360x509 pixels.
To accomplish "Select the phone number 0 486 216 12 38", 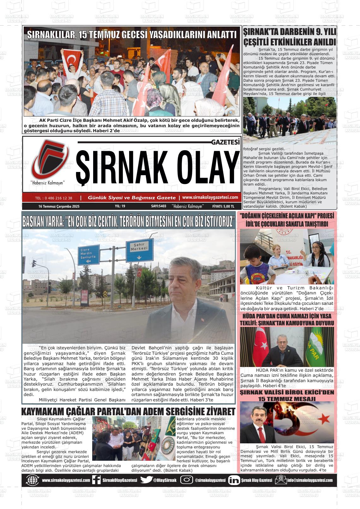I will (x=54, y=198).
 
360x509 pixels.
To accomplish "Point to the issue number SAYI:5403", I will (x=159, y=206).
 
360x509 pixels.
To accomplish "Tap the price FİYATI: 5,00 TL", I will (x=223, y=206).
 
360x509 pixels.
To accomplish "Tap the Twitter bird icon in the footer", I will (x=146, y=480).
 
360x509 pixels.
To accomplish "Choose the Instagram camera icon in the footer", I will (x=186, y=480).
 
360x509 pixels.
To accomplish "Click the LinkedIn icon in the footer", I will (x=234, y=480).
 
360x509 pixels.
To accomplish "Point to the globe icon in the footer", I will (x=32, y=480).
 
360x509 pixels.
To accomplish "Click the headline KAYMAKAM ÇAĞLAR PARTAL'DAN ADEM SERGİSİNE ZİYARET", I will (x=128, y=412).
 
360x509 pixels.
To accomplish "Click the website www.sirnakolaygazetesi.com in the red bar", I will (x=210, y=198).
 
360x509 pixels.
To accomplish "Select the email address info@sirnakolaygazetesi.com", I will (x=310, y=480).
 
